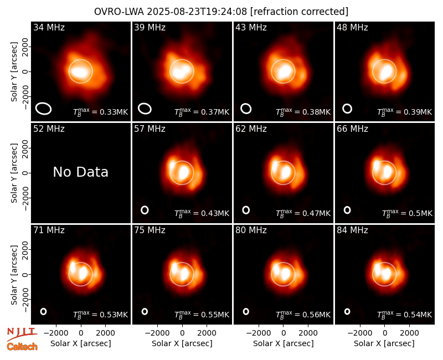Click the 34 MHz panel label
49,27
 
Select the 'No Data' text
80,172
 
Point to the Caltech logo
22,347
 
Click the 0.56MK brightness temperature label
303,314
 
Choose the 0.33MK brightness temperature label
100,112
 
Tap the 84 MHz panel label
352,230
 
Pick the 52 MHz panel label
49,129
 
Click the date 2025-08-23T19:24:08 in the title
197,12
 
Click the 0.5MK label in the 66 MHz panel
407,213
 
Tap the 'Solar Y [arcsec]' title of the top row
14,72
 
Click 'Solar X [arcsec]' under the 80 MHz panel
284,343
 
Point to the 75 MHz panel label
150,230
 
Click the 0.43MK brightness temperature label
202,213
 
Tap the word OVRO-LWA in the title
119,12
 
